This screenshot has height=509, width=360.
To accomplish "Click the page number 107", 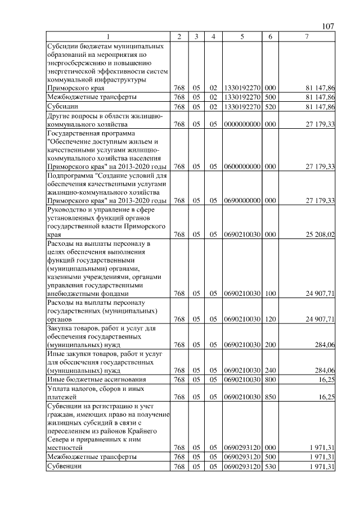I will pos(328,26).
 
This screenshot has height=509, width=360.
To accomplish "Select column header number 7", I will pos(306,37).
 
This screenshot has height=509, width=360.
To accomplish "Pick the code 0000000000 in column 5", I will pos(241,124).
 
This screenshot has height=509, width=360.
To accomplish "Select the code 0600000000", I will pos(241,166).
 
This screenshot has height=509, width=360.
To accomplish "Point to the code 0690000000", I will pos(241,200).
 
